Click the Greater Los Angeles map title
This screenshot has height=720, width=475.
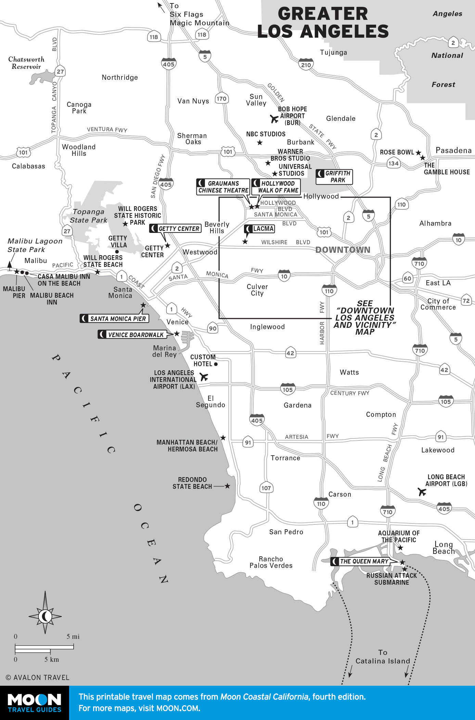323,23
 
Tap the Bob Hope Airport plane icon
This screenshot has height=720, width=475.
274,119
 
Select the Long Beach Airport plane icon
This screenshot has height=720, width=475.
422,492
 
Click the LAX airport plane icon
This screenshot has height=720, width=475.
204,377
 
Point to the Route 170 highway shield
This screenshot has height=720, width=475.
221,99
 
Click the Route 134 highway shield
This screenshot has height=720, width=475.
393,163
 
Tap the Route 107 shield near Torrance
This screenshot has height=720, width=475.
266,488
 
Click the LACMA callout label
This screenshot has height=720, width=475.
260,228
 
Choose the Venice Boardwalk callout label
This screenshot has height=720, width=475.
132,335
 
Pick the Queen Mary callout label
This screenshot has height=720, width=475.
360,561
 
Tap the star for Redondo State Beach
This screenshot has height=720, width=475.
227,486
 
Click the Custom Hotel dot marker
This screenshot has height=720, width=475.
216,364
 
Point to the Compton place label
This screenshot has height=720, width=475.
381,414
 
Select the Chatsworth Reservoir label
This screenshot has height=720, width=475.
26,63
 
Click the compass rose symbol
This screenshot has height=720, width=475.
45,617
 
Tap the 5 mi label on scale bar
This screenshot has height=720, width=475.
73,637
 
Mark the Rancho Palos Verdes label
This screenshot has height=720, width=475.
271,562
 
